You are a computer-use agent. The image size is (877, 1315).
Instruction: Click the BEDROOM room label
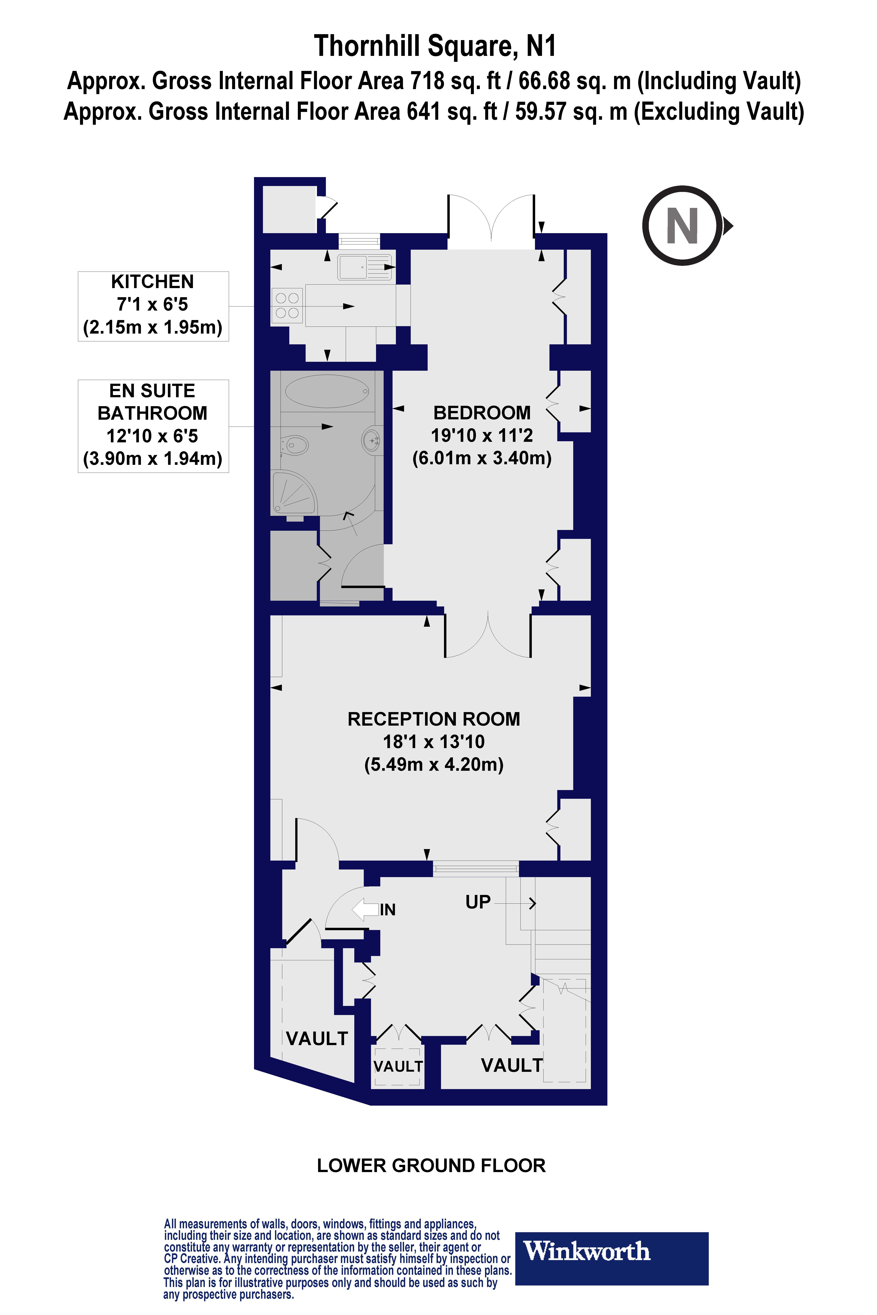pos(481,413)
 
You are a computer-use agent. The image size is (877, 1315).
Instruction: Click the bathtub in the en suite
pos(327,391)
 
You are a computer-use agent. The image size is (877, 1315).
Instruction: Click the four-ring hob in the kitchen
pos(287,306)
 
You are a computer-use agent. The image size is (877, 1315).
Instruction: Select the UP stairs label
pos(478,902)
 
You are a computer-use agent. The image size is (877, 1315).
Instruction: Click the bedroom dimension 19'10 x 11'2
pos(481,435)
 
